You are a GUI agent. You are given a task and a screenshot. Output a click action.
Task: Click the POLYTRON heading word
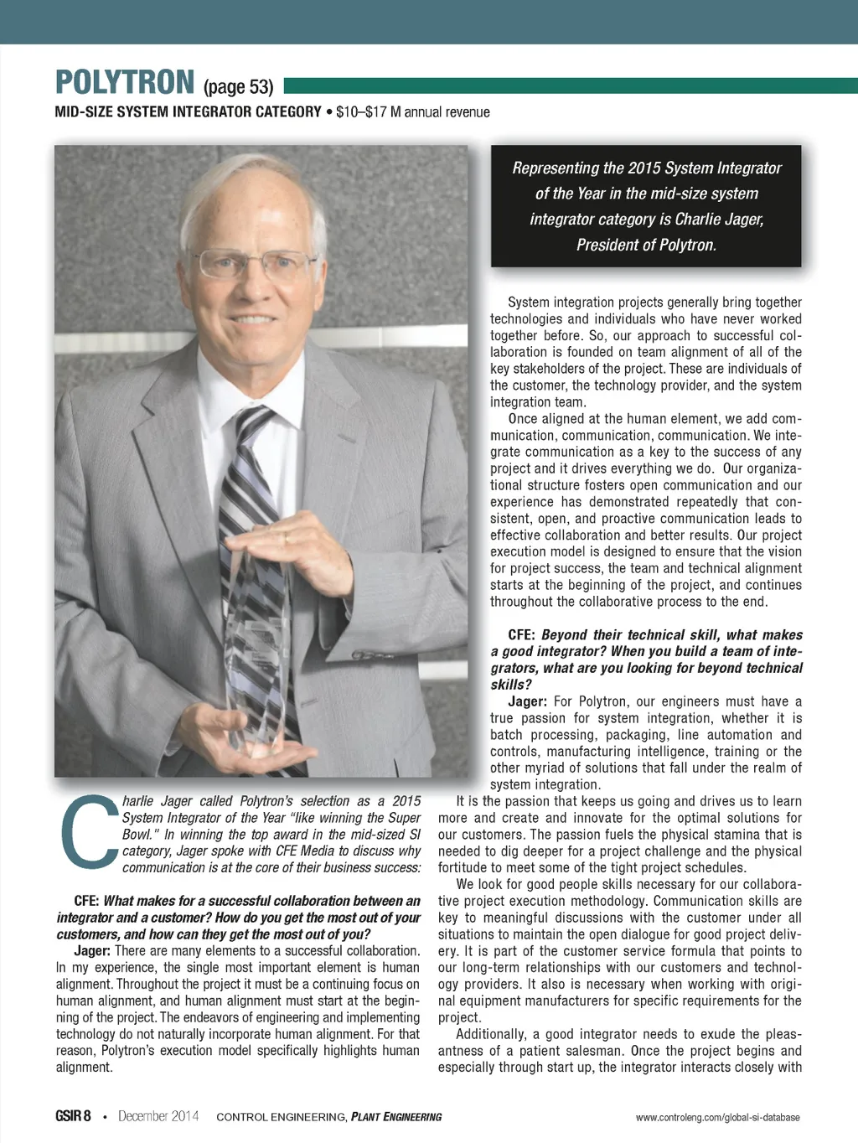click(125, 83)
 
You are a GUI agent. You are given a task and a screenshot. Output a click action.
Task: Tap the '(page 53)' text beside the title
click(238, 87)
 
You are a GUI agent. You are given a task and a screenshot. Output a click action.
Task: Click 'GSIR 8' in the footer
click(73, 1116)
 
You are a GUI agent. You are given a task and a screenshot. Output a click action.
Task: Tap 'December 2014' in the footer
click(158, 1116)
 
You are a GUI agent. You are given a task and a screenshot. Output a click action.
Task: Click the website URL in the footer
click(717, 1117)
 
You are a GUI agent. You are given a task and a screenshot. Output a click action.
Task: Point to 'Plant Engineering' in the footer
click(396, 1117)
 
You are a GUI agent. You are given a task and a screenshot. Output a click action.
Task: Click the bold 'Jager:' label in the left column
click(92, 951)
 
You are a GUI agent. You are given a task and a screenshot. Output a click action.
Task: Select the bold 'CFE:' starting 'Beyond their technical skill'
click(521, 635)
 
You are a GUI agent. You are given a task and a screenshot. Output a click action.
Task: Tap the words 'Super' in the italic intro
click(404, 818)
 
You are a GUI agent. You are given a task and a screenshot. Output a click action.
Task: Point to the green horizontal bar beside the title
click(570, 85)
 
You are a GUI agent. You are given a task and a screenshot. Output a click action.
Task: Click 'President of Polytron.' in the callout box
click(646, 246)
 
